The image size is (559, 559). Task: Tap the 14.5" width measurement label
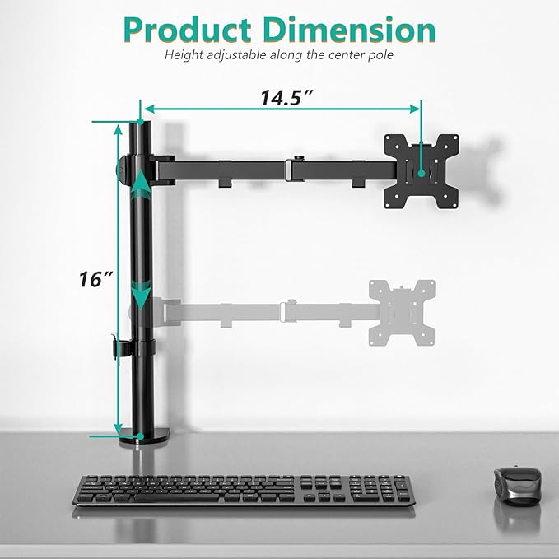pyautogui.click(x=286, y=97)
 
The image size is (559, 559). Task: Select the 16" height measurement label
pyautogui.click(x=96, y=279)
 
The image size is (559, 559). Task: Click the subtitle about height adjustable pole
pyautogui.click(x=280, y=56)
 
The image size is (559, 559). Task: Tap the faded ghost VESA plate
pyautogui.click(x=402, y=314)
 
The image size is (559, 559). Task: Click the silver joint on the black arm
pyautogui.click(x=289, y=169)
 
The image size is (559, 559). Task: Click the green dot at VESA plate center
pyautogui.click(x=422, y=173)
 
